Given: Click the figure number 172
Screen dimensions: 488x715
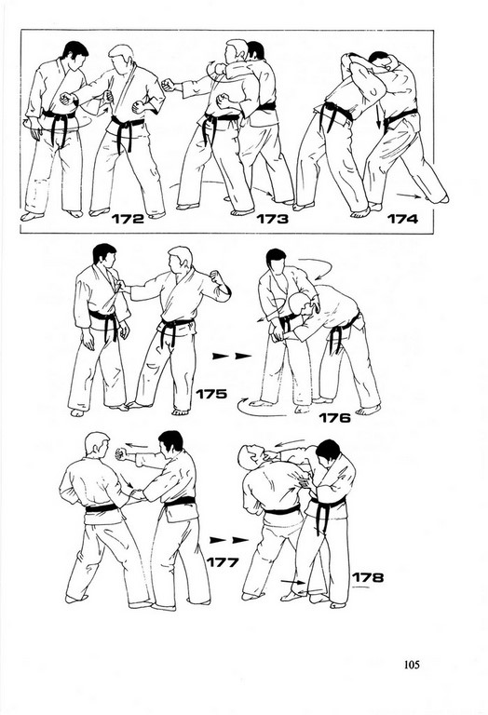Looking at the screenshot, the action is point(128,219).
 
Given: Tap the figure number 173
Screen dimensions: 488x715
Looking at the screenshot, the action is point(272,219).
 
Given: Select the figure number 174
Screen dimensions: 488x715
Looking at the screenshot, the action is point(402,219).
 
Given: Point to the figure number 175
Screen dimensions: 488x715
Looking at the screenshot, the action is point(211,394).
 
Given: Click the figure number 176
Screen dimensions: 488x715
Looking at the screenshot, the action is point(334,418).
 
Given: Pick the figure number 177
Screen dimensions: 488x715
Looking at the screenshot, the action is point(223,562).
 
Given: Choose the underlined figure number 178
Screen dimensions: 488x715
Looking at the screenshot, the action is point(368,578).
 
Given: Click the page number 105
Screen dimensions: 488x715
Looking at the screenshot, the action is point(412,665).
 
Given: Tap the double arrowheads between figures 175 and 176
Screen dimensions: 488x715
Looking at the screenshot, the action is point(232,356).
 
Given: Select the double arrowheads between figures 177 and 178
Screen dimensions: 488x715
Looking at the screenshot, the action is point(229,540).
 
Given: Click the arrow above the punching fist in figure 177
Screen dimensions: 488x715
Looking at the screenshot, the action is point(137,446).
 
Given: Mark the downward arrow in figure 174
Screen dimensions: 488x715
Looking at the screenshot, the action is point(378,115).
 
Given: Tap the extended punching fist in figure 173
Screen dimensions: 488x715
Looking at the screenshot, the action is point(169,85).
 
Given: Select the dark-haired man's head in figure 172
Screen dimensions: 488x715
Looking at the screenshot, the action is point(75,53).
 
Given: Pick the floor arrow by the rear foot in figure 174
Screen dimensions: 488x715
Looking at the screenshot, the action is point(409,196).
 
